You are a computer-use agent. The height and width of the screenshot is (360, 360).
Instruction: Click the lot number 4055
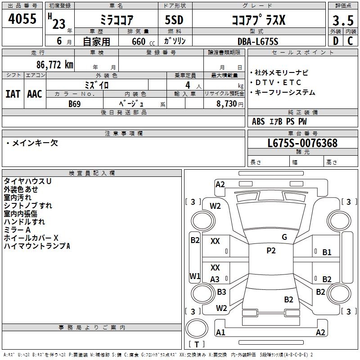click(x=22, y=19)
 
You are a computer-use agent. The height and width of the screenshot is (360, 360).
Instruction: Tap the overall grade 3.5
click(x=342, y=21)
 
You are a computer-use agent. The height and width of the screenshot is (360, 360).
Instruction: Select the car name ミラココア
click(x=116, y=20)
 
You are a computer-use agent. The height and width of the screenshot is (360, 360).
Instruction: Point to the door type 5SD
click(x=175, y=20)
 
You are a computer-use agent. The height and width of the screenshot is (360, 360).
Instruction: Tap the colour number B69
click(x=75, y=103)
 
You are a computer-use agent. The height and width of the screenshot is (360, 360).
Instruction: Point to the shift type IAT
click(x=13, y=94)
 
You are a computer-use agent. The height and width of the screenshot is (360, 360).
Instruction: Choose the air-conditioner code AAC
click(x=35, y=94)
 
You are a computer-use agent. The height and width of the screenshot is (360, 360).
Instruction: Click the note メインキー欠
click(x=32, y=143)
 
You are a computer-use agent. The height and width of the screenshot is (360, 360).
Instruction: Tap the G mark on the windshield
click(x=284, y=237)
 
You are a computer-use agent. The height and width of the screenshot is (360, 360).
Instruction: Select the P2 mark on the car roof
click(x=270, y=251)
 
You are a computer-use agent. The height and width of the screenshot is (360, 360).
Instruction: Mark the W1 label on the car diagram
click(x=194, y=276)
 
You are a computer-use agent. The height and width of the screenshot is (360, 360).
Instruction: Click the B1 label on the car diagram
click(x=327, y=252)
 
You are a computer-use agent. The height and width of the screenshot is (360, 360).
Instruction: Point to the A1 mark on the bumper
click(x=220, y=333)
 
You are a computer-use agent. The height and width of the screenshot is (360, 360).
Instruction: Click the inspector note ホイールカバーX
click(x=31, y=238)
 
